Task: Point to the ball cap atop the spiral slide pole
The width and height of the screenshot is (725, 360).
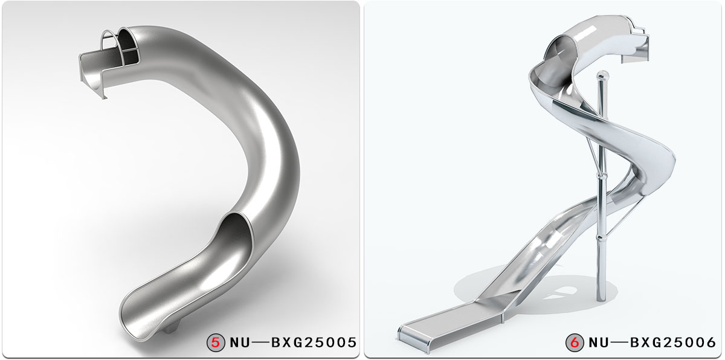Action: click(601, 76)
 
